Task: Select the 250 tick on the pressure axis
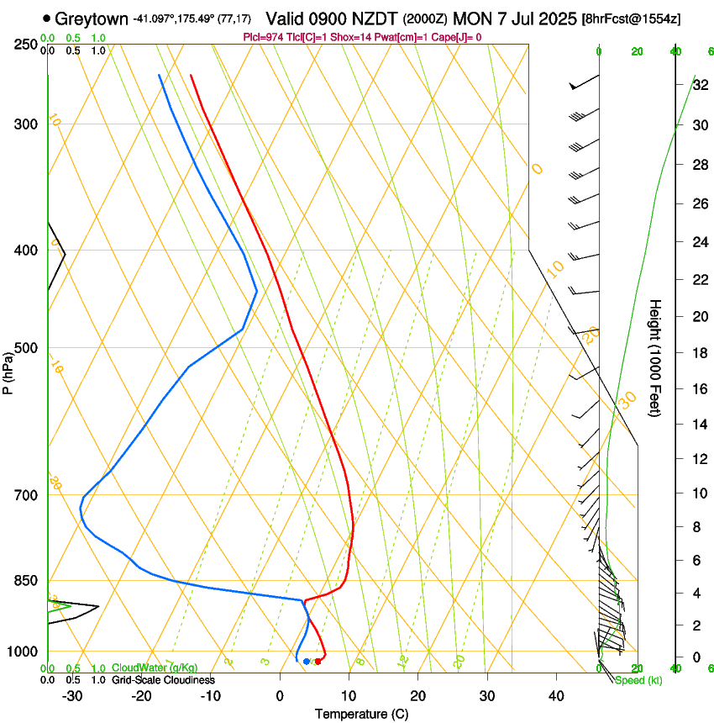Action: coord(26,44)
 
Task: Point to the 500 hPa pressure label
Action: coord(26,348)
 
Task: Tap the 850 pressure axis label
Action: coord(26,581)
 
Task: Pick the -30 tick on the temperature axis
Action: coord(72,696)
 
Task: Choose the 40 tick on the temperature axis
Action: coord(555,696)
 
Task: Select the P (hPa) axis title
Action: coord(8,368)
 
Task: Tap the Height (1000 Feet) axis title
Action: coord(656,357)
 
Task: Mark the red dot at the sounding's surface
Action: coord(318,662)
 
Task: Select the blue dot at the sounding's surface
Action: coord(306,662)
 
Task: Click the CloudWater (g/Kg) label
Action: coord(155,668)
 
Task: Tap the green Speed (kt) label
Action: coord(638,680)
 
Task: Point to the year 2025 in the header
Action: coord(555,18)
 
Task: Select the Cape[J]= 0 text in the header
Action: coord(459,37)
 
